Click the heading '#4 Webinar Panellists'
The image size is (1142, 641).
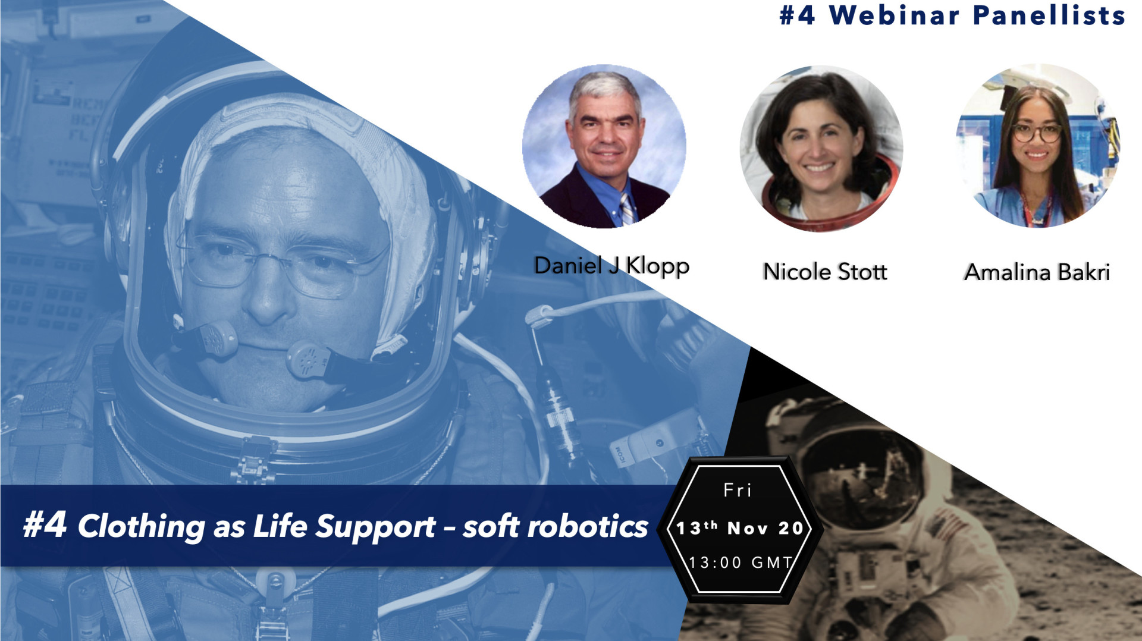(952, 15)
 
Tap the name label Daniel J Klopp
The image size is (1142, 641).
(611, 265)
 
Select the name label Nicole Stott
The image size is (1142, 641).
(825, 272)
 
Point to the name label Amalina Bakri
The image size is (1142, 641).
(1037, 272)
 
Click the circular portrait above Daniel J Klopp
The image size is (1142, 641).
(604, 146)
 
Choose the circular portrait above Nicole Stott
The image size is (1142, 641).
(821, 148)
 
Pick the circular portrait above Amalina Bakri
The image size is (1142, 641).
(1038, 146)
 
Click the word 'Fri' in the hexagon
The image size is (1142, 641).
(738, 490)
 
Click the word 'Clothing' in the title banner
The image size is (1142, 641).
(142, 527)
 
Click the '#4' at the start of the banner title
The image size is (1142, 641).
(45, 524)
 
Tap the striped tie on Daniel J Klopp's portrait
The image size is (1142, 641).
(626, 209)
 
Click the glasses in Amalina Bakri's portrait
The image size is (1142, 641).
(1037, 133)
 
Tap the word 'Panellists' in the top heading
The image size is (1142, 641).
(1049, 15)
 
